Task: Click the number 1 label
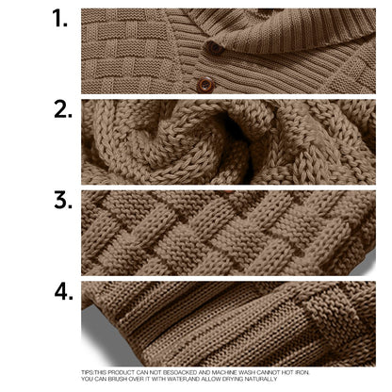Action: point(61,20)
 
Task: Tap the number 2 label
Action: point(63,108)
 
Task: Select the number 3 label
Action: point(63,201)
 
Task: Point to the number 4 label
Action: point(64,291)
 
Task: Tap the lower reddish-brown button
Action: point(204,85)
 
